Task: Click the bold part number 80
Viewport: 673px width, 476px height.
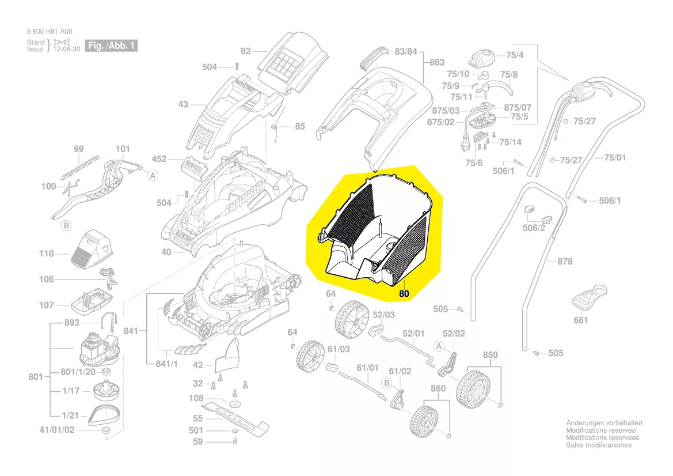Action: click(404, 294)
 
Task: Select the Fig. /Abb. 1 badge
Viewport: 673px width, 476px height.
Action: click(111, 46)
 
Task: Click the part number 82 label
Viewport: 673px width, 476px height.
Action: click(245, 51)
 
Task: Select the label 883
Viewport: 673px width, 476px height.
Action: click(437, 62)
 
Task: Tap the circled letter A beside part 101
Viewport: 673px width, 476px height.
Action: click(153, 176)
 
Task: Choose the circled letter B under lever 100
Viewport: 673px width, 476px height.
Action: click(66, 225)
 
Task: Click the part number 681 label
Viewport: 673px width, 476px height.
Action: click(580, 320)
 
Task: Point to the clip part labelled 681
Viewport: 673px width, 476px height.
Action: click(590, 297)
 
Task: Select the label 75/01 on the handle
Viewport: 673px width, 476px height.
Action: click(615, 158)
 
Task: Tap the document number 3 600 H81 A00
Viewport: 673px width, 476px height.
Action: click(50, 31)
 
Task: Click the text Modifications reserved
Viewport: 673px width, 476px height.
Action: click(601, 430)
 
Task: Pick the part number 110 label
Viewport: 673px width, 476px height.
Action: click(47, 254)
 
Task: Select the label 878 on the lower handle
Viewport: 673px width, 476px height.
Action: click(565, 261)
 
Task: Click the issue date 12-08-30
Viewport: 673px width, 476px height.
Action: click(67, 49)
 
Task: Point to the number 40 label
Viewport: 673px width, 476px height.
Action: click(166, 252)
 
